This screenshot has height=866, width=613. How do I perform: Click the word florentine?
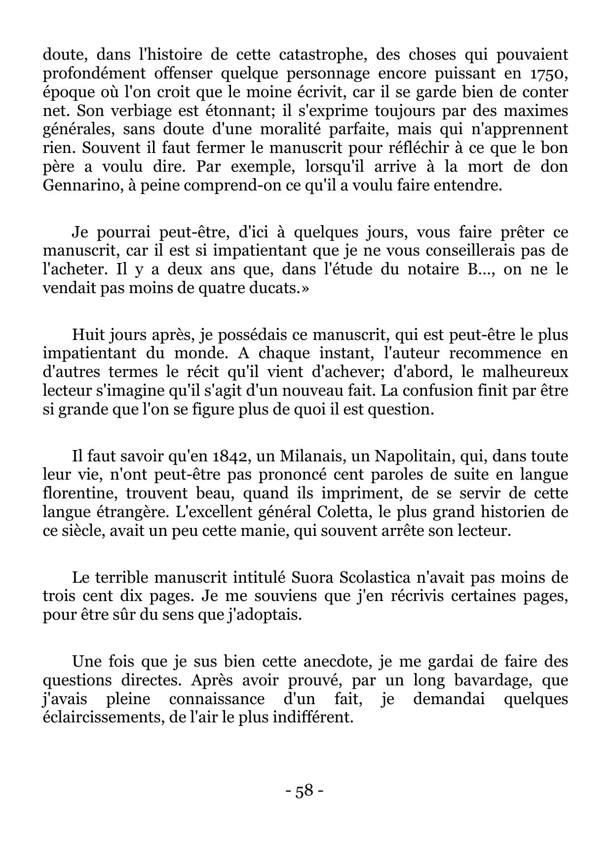[x=80, y=493]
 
